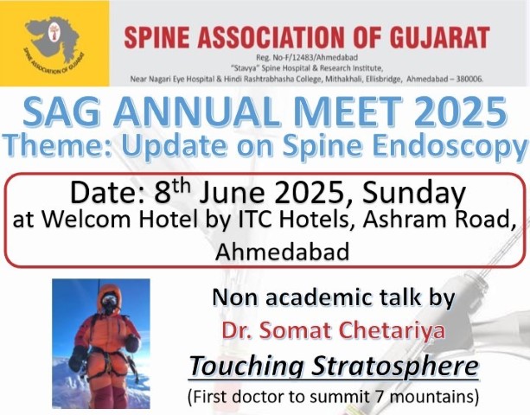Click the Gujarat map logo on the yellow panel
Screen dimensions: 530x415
coord(54,42)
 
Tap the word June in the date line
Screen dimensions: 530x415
coord(232,194)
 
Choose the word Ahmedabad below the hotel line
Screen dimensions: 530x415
coord(283,252)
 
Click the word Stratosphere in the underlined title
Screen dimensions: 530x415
coord(394,367)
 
